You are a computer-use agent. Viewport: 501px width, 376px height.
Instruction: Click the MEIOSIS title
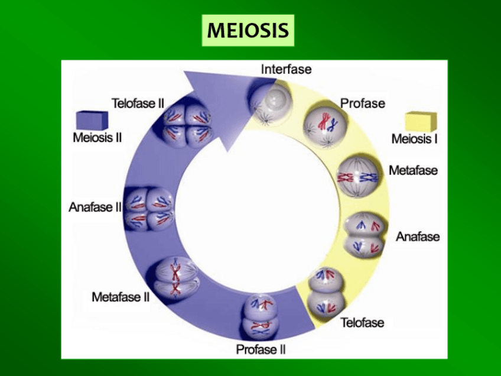tap(248, 30)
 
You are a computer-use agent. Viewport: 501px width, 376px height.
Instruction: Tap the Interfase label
tap(286, 70)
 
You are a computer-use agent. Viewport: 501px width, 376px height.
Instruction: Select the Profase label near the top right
tap(362, 103)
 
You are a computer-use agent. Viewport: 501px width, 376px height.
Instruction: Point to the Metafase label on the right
tap(413, 170)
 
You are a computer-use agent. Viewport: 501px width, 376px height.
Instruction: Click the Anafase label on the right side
tap(418, 236)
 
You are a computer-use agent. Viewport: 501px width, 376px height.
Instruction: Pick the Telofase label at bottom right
tap(362, 322)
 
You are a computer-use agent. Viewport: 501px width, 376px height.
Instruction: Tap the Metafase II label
tap(121, 297)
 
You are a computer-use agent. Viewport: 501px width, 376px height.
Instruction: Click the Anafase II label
tap(95, 207)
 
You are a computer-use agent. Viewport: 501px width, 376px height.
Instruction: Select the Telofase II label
tap(138, 103)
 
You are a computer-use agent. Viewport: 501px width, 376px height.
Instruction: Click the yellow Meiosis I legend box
tap(421, 122)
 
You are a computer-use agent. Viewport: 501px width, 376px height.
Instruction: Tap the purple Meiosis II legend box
tap(92, 121)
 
